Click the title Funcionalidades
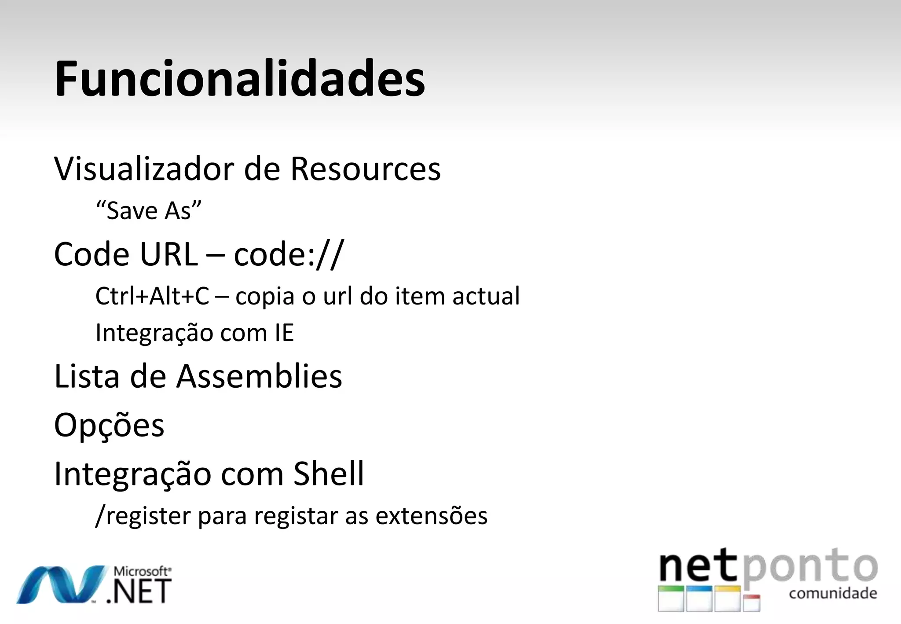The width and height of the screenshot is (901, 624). point(240,79)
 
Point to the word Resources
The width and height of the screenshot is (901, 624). point(365,169)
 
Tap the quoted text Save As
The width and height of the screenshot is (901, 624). point(149,210)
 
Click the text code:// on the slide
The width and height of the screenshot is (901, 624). point(289,254)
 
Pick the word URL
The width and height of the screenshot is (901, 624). point(169,254)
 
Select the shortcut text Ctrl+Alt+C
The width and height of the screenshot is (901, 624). point(152,296)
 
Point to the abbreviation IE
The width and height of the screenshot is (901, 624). point(284,333)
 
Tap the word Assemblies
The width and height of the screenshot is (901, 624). point(259,377)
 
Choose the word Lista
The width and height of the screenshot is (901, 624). point(87,377)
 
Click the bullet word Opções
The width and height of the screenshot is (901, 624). point(109,425)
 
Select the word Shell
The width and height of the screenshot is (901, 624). point(329,474)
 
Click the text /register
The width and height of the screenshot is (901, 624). point(143,516)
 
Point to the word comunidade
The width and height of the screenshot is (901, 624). point(833,594)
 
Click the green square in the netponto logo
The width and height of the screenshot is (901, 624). point(671,598)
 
